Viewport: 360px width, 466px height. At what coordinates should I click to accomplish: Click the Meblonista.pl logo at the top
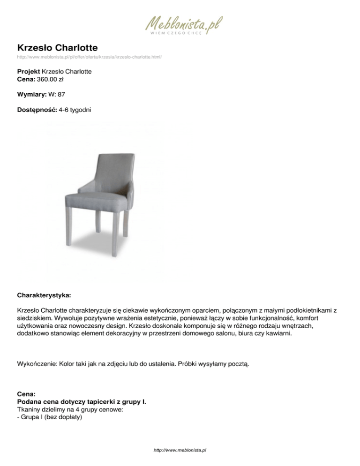[x=183, y=23]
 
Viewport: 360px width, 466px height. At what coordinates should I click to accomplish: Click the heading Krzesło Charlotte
[x=57, y=48]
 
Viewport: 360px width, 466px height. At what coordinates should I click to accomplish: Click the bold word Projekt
[x=28, y=72]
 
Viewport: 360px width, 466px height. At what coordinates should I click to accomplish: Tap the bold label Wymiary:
[x=32, y=94]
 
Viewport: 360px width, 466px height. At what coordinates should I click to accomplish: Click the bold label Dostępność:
[x=37, y=110]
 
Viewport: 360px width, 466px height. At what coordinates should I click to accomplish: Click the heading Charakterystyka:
[x=44, y=296]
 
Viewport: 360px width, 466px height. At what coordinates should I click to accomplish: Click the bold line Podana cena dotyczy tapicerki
[x=84, y=402]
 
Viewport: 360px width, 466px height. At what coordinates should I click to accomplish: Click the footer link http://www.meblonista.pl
[x=180, y=450]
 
